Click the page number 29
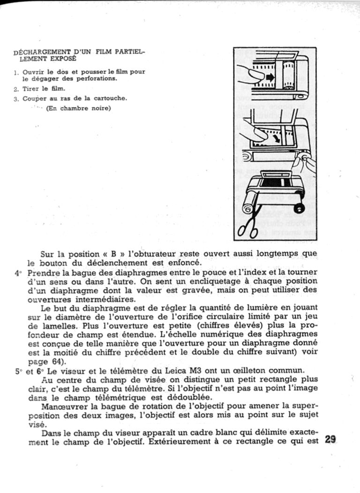tap(330, 440)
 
